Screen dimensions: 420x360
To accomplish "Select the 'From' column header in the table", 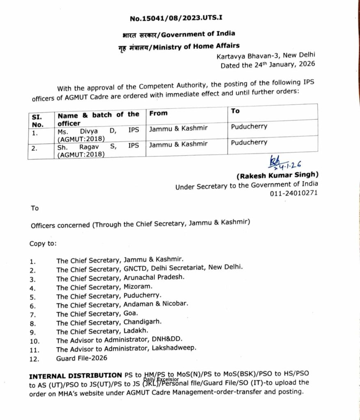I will (x=158, y=113).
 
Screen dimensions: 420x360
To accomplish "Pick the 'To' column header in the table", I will (x=236, y=111).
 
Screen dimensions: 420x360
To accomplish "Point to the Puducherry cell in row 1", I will (x=249, y=127).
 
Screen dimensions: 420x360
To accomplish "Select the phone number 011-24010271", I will (x=294, y=193).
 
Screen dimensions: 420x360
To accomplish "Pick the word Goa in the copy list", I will (x=128, y=314).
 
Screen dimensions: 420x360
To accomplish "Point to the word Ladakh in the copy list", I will (x=134, y=331).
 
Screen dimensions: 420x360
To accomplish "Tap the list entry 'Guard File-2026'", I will (x=82, y=358).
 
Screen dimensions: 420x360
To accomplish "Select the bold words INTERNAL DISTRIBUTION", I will (x=75, y=375).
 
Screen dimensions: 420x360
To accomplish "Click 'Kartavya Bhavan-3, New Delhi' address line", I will (x=266, y=56).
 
